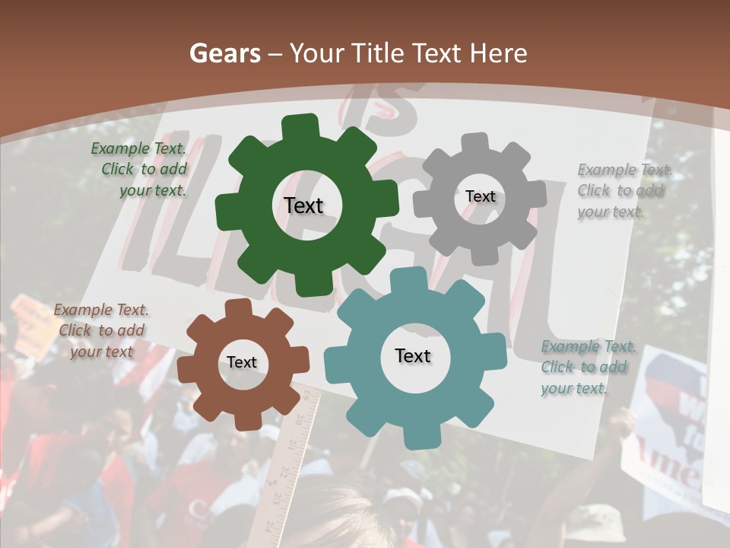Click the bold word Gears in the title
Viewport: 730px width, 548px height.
[224, 53]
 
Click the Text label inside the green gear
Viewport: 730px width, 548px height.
[304, 205]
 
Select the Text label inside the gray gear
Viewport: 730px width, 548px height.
[480, 196]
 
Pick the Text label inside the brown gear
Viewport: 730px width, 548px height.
[242, 362]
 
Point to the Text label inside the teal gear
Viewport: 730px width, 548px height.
[413, 355]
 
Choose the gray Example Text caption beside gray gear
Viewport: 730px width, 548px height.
[624, 190]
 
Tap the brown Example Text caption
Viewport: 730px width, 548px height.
[101, 330]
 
